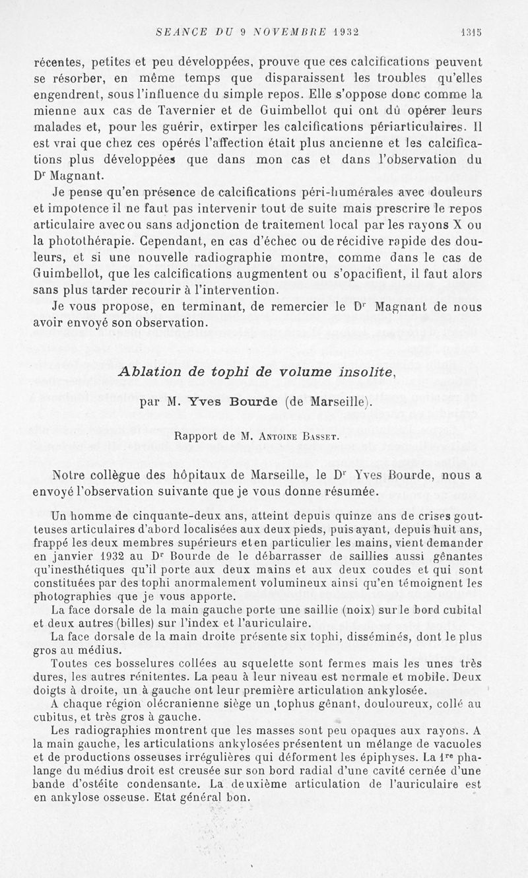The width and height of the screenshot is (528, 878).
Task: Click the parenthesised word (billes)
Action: tap(117, 622)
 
